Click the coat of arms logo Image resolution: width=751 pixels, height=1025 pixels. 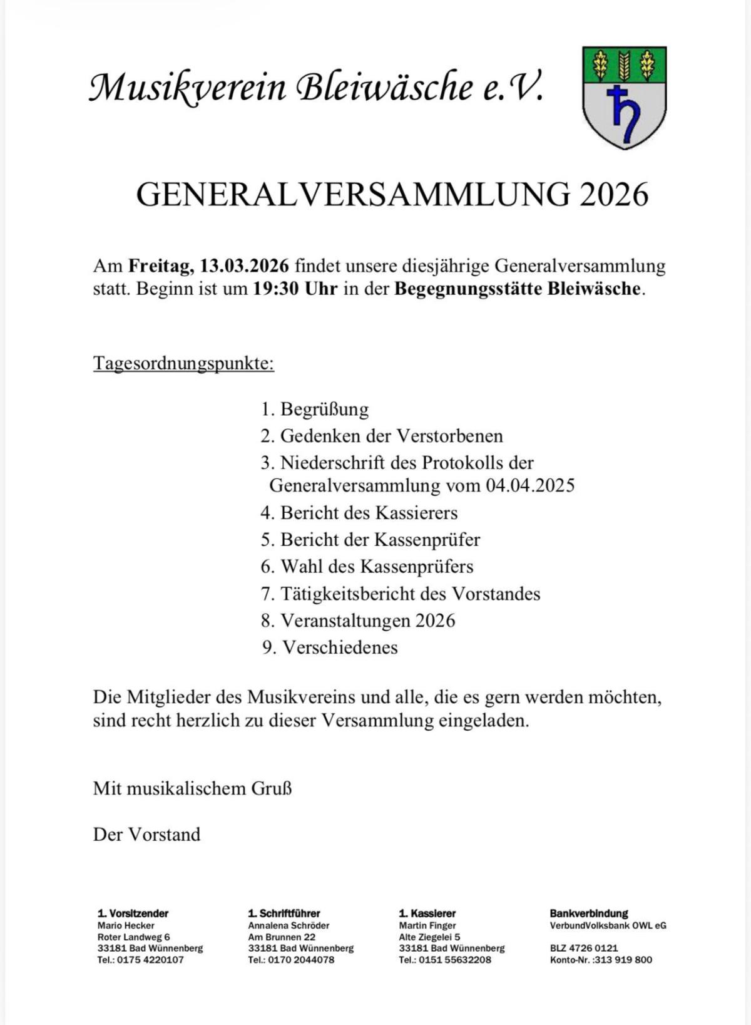(x=624, y=97)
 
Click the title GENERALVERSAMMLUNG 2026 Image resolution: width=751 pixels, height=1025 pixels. (x=392, y=195)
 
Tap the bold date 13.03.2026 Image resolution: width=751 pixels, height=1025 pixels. (x=244, y=265)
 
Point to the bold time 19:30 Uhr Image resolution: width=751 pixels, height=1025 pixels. (x=295, y=289)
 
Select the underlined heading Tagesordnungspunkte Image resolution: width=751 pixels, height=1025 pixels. (x=183, y=363)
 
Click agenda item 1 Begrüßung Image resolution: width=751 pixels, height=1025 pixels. (x=315, y=409)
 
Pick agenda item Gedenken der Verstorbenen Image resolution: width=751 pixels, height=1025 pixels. (x=382, y=436)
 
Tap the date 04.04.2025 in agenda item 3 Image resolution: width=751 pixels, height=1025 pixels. (x=530, y=485)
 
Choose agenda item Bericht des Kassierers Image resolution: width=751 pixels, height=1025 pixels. (x=359, y=513)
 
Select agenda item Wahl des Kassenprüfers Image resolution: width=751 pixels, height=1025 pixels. (x=367, y=567)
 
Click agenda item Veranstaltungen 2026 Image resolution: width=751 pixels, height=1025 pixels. (x=358, y=621)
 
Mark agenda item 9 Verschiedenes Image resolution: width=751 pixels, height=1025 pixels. (x=330, y=647)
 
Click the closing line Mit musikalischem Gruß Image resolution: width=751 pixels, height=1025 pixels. (x=193, y=788)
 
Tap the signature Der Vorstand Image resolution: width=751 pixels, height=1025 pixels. (x=147, y=834)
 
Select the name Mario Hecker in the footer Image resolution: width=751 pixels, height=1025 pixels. (x=126, y=925)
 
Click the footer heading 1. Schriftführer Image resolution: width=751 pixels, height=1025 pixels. (x=284, y=914)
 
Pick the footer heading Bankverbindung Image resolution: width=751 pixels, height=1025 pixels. (x=589, y=914)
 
